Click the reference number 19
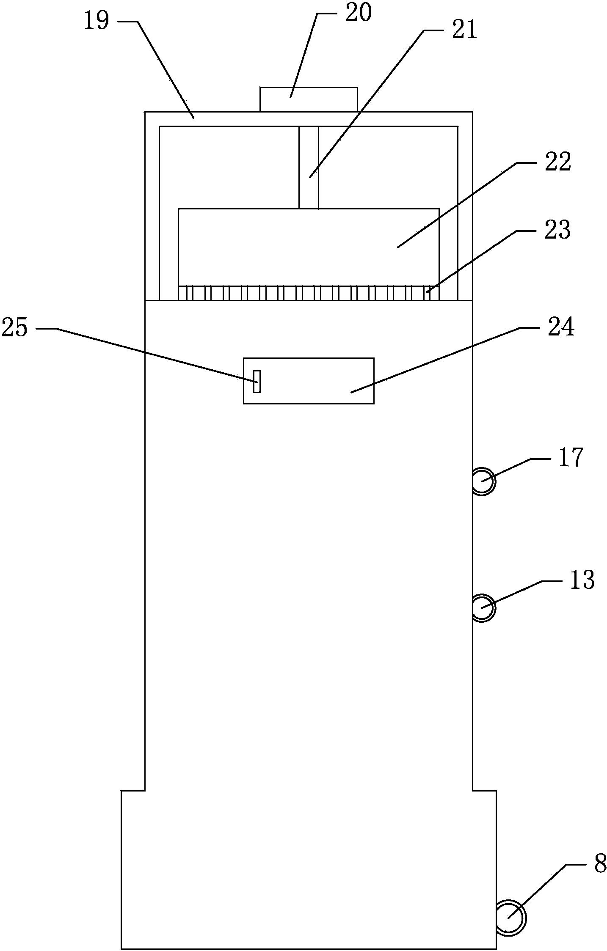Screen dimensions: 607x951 pos(97,22)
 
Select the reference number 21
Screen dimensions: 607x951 pos(464,31)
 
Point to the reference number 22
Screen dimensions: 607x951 pos(557,162)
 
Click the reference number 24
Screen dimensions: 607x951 pos(561,327)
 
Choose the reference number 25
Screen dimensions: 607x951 pos(15,328)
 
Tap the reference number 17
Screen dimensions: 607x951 pos(571,457)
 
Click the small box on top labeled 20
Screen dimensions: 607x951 pos(309,99)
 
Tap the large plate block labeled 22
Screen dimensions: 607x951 pos(309,247)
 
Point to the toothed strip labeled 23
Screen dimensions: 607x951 pos(309,294)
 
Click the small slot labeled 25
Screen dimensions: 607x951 pos(257,381)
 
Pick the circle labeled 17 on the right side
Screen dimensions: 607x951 pos(483,481)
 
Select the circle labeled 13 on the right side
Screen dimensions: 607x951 pos(483,608)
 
